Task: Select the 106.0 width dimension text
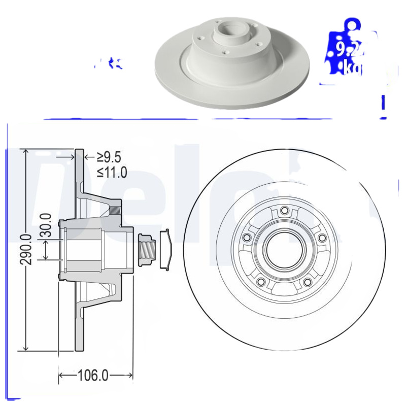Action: (x=93, y=376)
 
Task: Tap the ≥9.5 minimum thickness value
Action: (x=110, y=157)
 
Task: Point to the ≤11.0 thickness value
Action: (x=112, y=172)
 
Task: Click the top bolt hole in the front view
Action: (x=284, y=211)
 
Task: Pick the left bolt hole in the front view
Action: (x=247, y=238)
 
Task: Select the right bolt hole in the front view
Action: (x=321, y=238)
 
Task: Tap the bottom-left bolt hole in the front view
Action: (x=261, y=282)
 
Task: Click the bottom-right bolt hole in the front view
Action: (x=308, y=282)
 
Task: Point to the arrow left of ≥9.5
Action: (x=87, y=157)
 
